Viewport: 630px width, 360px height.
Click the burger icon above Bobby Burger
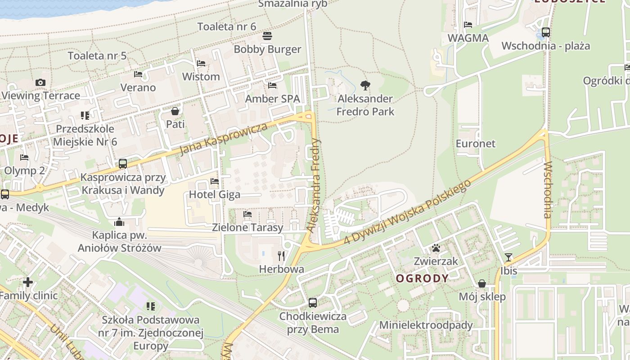click(x=267, y=36)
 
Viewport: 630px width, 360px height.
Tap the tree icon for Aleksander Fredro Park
click(x=365, y=85)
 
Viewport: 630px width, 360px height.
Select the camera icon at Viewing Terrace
click(x=40, y=82)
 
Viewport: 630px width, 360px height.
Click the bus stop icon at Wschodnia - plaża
click(x=546, y=32)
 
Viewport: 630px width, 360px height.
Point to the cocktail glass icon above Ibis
click(x=508, y=257)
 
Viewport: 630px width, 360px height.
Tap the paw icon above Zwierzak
click(x=436, y=248)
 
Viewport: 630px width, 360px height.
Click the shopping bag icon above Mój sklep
click(x=482, y=283)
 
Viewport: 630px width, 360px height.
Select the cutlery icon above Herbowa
click(x=282, y=256)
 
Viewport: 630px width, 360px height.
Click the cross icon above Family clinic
click(x=28, y=282)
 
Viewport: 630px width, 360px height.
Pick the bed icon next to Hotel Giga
click(x=215, y=181)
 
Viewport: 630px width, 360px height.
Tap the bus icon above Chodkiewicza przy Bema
click(x=313, y=303)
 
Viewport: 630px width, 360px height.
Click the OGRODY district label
click(x=422, y=278)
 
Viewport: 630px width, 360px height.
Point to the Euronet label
click(x=476, y=144)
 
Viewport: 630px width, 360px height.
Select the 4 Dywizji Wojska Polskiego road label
click(x=407, y=212)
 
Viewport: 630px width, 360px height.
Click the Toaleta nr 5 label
click(x=97, y=56)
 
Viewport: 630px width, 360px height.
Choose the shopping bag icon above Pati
click(x=175, y=111)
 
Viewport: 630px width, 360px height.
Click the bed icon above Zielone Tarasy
click(x=247, y=214)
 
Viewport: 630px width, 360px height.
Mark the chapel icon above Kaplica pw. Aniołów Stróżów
click(x=119, y=222)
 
